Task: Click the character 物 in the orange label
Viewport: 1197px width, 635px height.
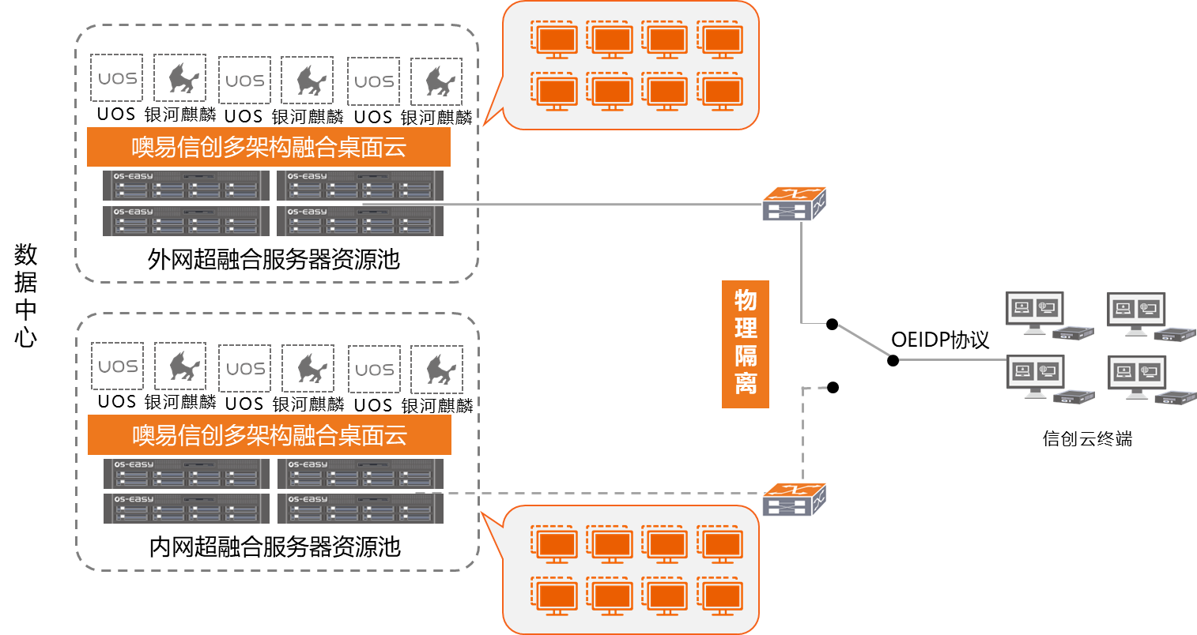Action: coord(746,300)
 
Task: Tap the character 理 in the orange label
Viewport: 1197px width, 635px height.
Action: coord(746,328)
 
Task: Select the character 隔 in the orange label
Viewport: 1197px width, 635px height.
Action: coord(746,355)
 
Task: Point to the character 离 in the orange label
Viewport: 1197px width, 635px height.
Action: coord(746,383)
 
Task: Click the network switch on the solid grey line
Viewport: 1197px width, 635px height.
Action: coord(794,204)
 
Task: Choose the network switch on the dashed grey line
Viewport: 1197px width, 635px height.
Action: coord(794,499)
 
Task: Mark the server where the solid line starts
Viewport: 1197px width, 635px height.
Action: coord(360,221)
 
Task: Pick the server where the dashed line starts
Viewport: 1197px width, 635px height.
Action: coord(360,509)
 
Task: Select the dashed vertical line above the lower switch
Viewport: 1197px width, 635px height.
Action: coord(803,434)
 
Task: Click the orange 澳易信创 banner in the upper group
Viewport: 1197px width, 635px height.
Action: coord(269,147)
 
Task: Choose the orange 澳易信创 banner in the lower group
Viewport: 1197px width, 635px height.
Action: coord(269,434)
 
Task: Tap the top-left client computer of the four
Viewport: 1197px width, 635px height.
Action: coord(1036,313)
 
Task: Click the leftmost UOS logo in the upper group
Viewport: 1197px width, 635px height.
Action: coord(117,78)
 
